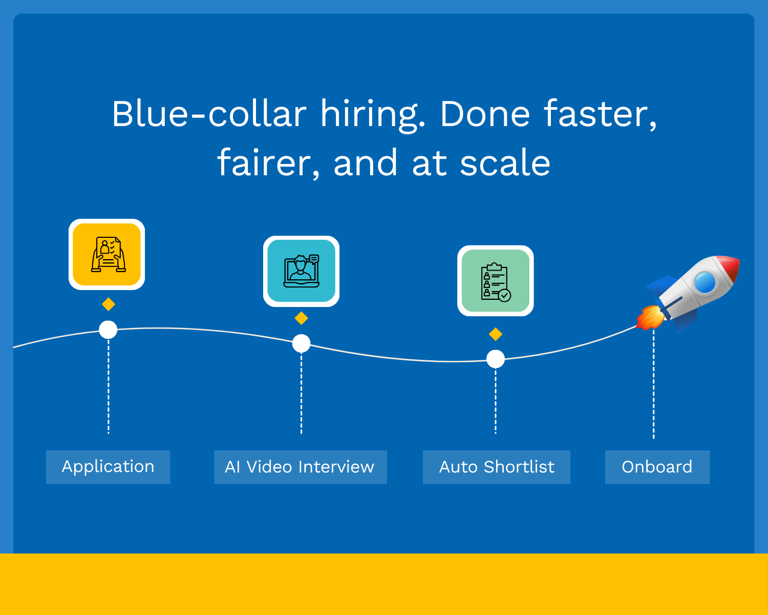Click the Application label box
point(108,467)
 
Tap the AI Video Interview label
point(300,467)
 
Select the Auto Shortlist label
point(496,467)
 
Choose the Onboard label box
point(657,467)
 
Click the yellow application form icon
point(107,255)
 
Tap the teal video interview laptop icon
point(302,272)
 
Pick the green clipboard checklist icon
point(496,281)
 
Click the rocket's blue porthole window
point(705,282)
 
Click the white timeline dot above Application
point(108,330)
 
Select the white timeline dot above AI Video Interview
point(301,343)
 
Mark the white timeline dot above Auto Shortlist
point(496,359)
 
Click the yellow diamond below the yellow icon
point(109,304)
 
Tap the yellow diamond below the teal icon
point(302,318)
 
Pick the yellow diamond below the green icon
point(496,334)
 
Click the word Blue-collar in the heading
point(209,114)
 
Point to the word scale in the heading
point(505,163)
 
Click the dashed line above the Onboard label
point(654,384)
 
